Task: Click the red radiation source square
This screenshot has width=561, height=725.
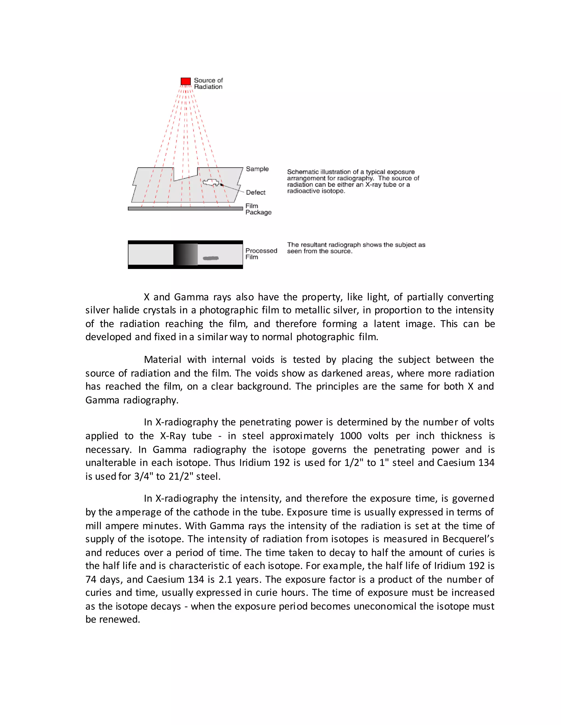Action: point(185,81)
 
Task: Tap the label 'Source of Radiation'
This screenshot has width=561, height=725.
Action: point(208,84)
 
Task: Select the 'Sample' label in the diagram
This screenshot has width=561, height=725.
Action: point(257,169)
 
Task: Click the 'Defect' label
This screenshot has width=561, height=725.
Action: point(256,193)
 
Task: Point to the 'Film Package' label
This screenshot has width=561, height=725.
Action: point(258,209)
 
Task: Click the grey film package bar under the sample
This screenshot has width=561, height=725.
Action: point(185,208)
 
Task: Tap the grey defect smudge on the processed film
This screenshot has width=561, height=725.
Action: point(211,258)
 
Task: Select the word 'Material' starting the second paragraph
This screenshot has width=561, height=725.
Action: point(162,359)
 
